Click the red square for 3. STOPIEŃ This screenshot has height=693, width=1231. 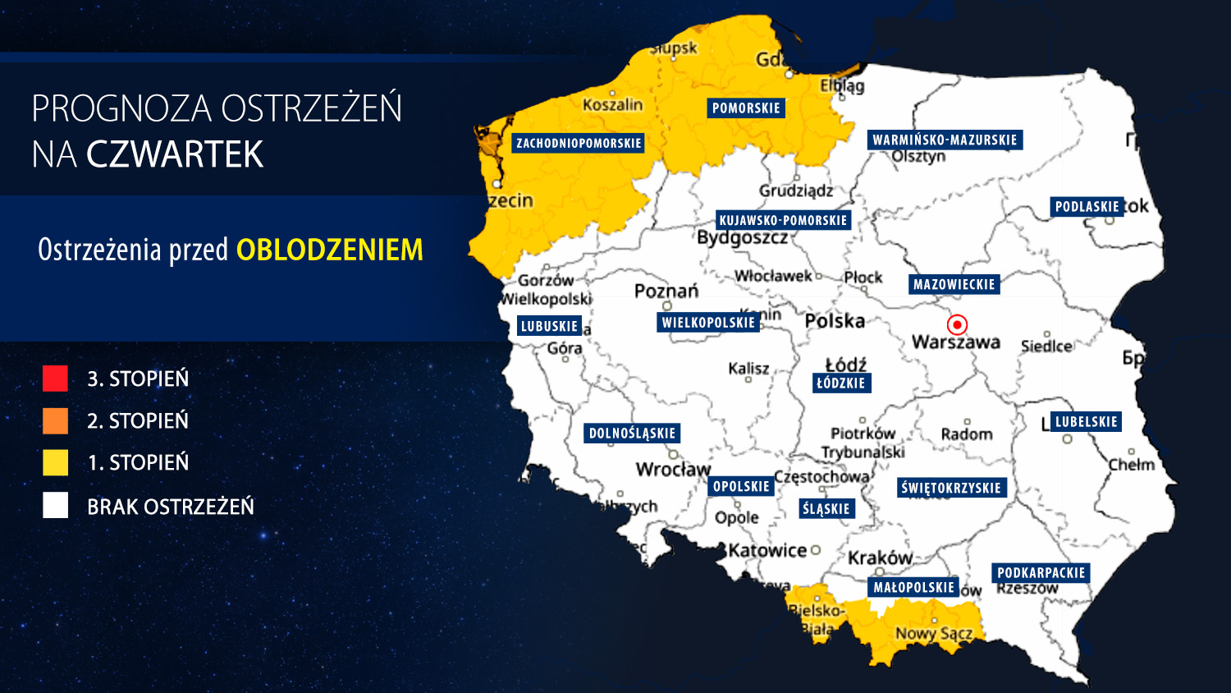[55, 379]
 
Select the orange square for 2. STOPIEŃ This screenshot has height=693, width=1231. [55, 420]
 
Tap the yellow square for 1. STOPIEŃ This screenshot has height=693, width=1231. [55, 462]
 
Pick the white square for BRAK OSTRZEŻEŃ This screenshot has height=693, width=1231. [55, 506]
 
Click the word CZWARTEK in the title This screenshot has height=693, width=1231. [175, 154]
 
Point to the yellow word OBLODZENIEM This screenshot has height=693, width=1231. [330, 250]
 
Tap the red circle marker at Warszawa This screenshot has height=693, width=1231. [957, 324]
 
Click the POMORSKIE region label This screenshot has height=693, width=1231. [746, 108]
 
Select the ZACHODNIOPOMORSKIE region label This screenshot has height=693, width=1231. [579, 143]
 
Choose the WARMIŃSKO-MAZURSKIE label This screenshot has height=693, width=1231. [945, 140]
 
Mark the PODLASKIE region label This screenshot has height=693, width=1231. [1087, 207]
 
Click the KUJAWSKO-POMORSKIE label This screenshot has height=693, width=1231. [783, 220]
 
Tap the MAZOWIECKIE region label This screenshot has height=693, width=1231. [954, 285]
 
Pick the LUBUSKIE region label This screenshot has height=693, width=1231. [549, 326]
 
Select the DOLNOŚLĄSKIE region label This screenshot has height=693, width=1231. [632, 434]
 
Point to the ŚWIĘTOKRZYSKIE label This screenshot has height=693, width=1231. [951, 488]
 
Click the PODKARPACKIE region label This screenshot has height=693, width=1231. [1041, 573]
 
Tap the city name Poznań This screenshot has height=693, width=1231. [666, 291]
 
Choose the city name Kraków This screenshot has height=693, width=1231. [880, 558]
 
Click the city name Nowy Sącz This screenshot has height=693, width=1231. [934, 633]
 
